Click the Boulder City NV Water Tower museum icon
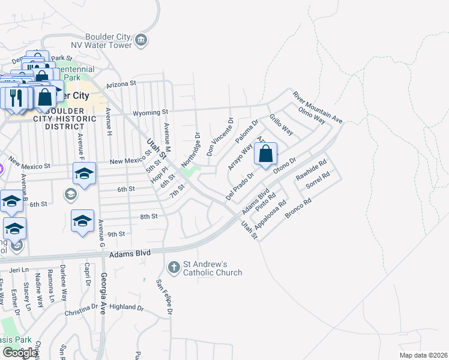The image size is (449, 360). coord(141,40)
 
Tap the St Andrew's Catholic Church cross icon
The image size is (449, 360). coord(174,266)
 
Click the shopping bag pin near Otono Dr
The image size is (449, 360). coord(265,154)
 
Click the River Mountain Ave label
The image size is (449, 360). coord(317,107)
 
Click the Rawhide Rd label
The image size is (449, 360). coord(311,170)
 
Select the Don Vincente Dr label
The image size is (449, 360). coord(219,137)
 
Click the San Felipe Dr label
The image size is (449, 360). coord(164,298)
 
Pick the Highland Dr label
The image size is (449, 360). coord(127,307)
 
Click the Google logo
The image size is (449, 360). coord(20,353)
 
